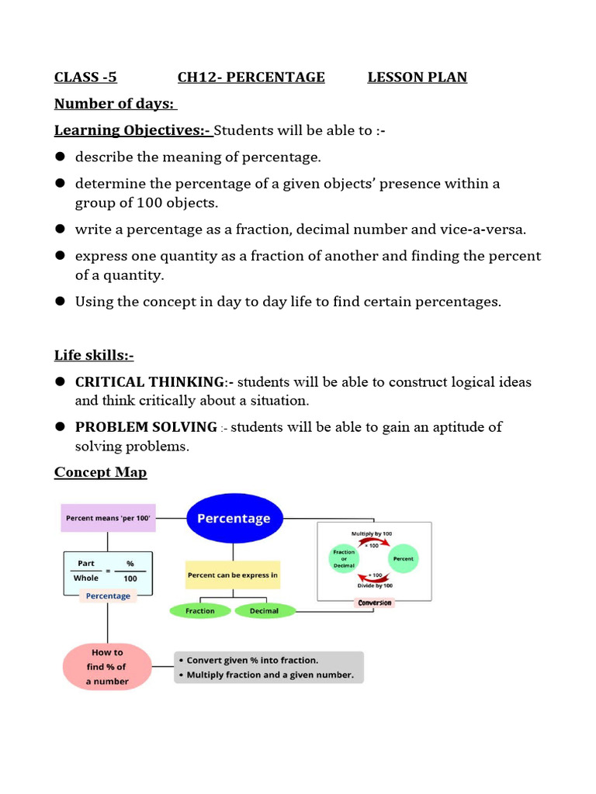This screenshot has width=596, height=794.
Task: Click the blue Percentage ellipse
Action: tap(234, 519)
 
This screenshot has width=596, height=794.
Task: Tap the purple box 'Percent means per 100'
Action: tap(108, 517)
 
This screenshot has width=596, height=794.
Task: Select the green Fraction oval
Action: tap(200, 611)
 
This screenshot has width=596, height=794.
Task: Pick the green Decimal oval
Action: tap(265, 611)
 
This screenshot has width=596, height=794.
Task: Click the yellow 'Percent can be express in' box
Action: tap(233, 575)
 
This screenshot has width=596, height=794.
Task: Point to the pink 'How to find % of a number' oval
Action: tap(107, 666)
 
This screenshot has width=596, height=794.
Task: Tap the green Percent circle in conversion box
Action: tap(404, 558)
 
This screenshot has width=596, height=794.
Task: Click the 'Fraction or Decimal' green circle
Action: tap(344, 558)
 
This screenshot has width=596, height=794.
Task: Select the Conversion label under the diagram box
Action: tap(375, 602)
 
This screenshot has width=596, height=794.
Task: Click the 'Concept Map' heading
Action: tap(100, 472)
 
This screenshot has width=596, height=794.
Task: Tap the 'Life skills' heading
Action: tap(94, 355)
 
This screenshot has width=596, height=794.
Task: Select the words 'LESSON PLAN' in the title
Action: tap(417, 77)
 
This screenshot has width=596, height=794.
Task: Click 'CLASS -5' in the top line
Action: tap(85, 77)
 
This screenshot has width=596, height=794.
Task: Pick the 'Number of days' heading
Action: tap(115, 104)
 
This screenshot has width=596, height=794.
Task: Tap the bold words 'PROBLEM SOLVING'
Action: tap(146, 427)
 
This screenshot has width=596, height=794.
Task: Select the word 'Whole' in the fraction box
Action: tap(86, 578)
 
